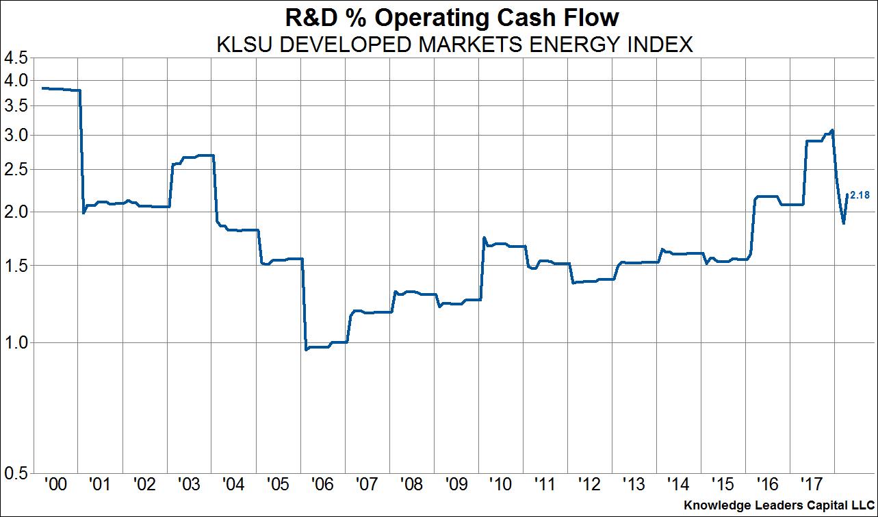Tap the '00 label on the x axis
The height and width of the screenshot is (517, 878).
55,485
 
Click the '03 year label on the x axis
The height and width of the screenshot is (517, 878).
189,485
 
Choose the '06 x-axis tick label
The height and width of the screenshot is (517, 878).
322,485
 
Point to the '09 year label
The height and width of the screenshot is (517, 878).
456,485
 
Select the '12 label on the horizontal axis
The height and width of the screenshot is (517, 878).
589,485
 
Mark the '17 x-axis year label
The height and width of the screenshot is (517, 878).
812,485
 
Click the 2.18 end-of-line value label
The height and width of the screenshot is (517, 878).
860,196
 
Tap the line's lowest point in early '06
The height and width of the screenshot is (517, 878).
306,350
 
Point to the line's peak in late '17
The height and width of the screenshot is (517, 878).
832,130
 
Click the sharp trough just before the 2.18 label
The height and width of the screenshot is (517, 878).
844,223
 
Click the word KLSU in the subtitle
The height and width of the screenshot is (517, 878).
239,45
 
